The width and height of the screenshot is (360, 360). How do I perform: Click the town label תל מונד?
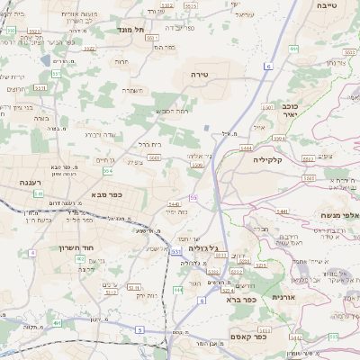[x=130, y=30]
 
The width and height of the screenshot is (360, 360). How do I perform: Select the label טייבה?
[x=328, y=5]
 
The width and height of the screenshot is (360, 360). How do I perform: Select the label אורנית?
[x=283, y=296]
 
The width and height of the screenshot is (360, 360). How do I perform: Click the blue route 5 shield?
[x=140, y=330]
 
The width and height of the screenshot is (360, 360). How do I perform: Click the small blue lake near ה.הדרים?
[x=46, y=60]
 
